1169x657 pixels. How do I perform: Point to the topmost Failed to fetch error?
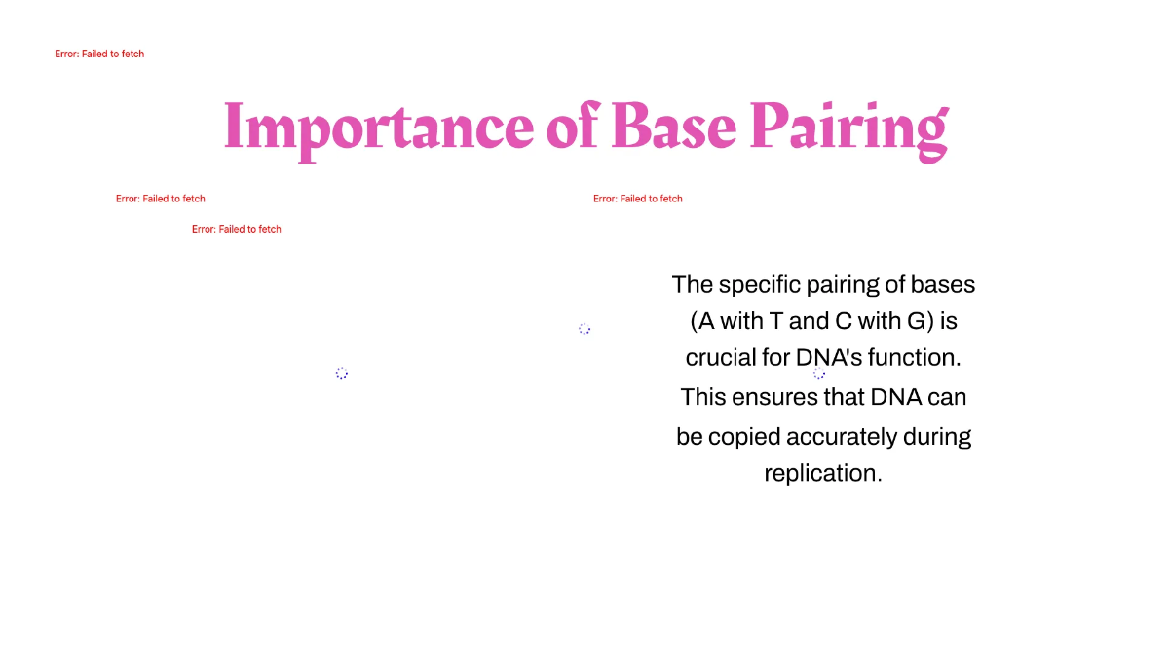tap(99, 55)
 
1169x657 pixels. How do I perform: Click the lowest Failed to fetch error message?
tap(237, 230)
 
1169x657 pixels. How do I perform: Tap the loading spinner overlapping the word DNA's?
tap(819, 373)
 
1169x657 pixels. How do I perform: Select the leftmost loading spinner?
tap(341, 373)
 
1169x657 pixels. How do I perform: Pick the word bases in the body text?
tap(943, 285)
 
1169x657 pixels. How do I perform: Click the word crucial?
tap(720, 358)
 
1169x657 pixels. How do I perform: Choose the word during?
tap(938, 436)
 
